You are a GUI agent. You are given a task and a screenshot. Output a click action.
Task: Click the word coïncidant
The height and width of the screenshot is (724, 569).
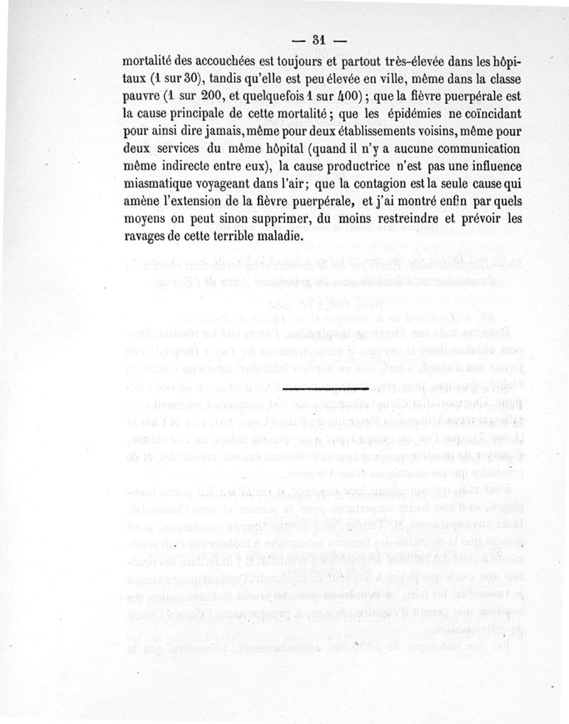point(497,112)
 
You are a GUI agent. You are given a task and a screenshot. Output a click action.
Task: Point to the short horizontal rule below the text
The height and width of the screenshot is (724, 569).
point(326,389)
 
